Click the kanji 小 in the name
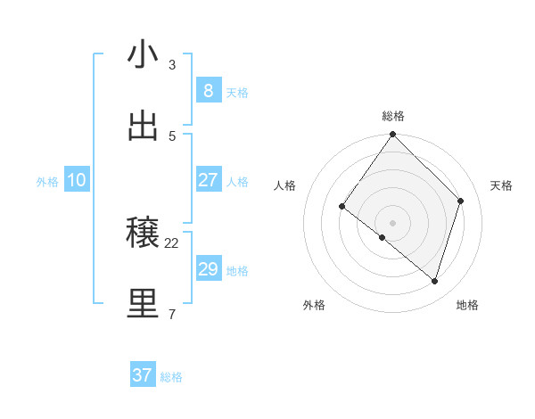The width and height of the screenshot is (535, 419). pyautogui.click(x=143, y=55)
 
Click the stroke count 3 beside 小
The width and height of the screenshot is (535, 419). pyautogui.click(x=172, y=65)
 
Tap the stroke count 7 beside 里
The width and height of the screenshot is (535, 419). pyautogui.click(x=172, y=314)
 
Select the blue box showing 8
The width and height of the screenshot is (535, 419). pyautogui.click(x=208, y=91)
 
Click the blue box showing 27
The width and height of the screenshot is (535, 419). pyautogui.click(x=208, y=180)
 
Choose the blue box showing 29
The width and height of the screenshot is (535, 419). pyautogui.click(x=208, y=269)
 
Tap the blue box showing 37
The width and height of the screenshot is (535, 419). pyautogui.click(x=143, y=375)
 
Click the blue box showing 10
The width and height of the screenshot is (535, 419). pyautogui.click(x=77, y=180)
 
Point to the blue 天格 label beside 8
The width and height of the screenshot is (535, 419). pyautogui.click(x=237, y=93)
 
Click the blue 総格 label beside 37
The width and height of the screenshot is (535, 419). pyautogui.click(x=172, y=377)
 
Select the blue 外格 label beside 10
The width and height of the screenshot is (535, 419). pyautogui.click(x=47, y=182)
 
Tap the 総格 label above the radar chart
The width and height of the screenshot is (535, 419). pyautogui.click(x=393, y=116)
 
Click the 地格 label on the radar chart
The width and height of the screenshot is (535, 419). pyautogui.click(x=467, y=305)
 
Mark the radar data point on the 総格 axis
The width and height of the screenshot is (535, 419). pyautogui.click(x=393, y=135)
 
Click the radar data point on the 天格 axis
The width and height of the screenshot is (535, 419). pyautogui.click(x=461, y=201)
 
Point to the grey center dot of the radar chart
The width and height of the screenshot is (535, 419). pyautogui.click(x=393, y=222)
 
